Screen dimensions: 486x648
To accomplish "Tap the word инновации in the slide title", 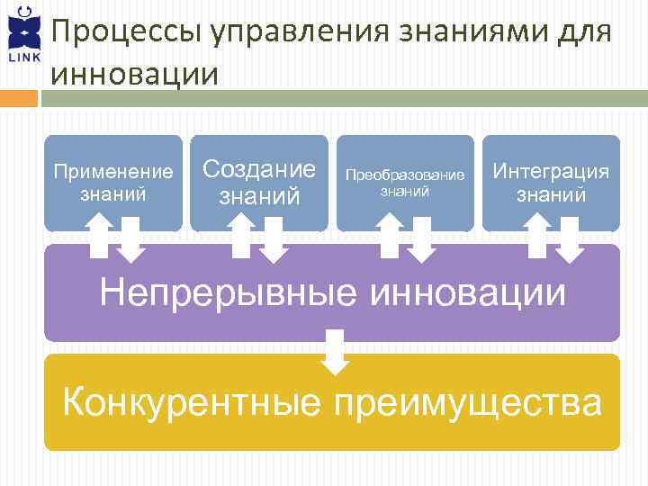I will [135, 73].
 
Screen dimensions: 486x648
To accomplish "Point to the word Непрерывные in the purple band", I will [224, 292].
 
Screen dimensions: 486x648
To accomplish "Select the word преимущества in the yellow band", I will [467, 401].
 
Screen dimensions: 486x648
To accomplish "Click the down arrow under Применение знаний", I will [131, 240].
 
